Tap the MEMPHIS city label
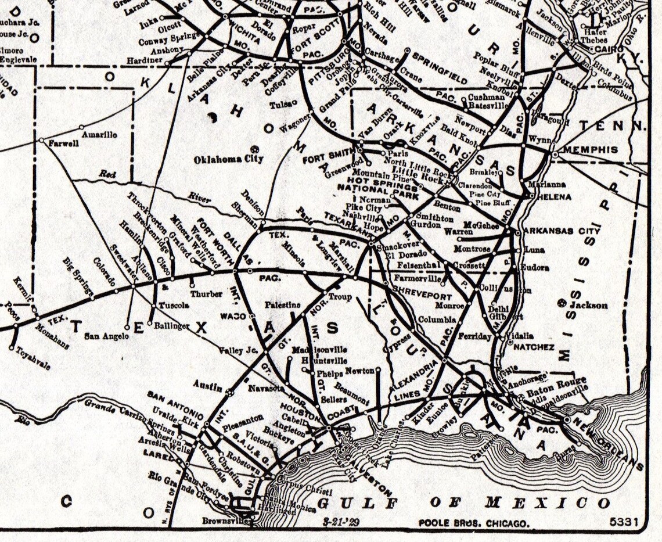tap(591, 150)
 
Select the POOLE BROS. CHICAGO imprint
tap(474, 523)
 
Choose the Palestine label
tap(282, 304)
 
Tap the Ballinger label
tap(171, 326)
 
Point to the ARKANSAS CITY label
tap(561, 231)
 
